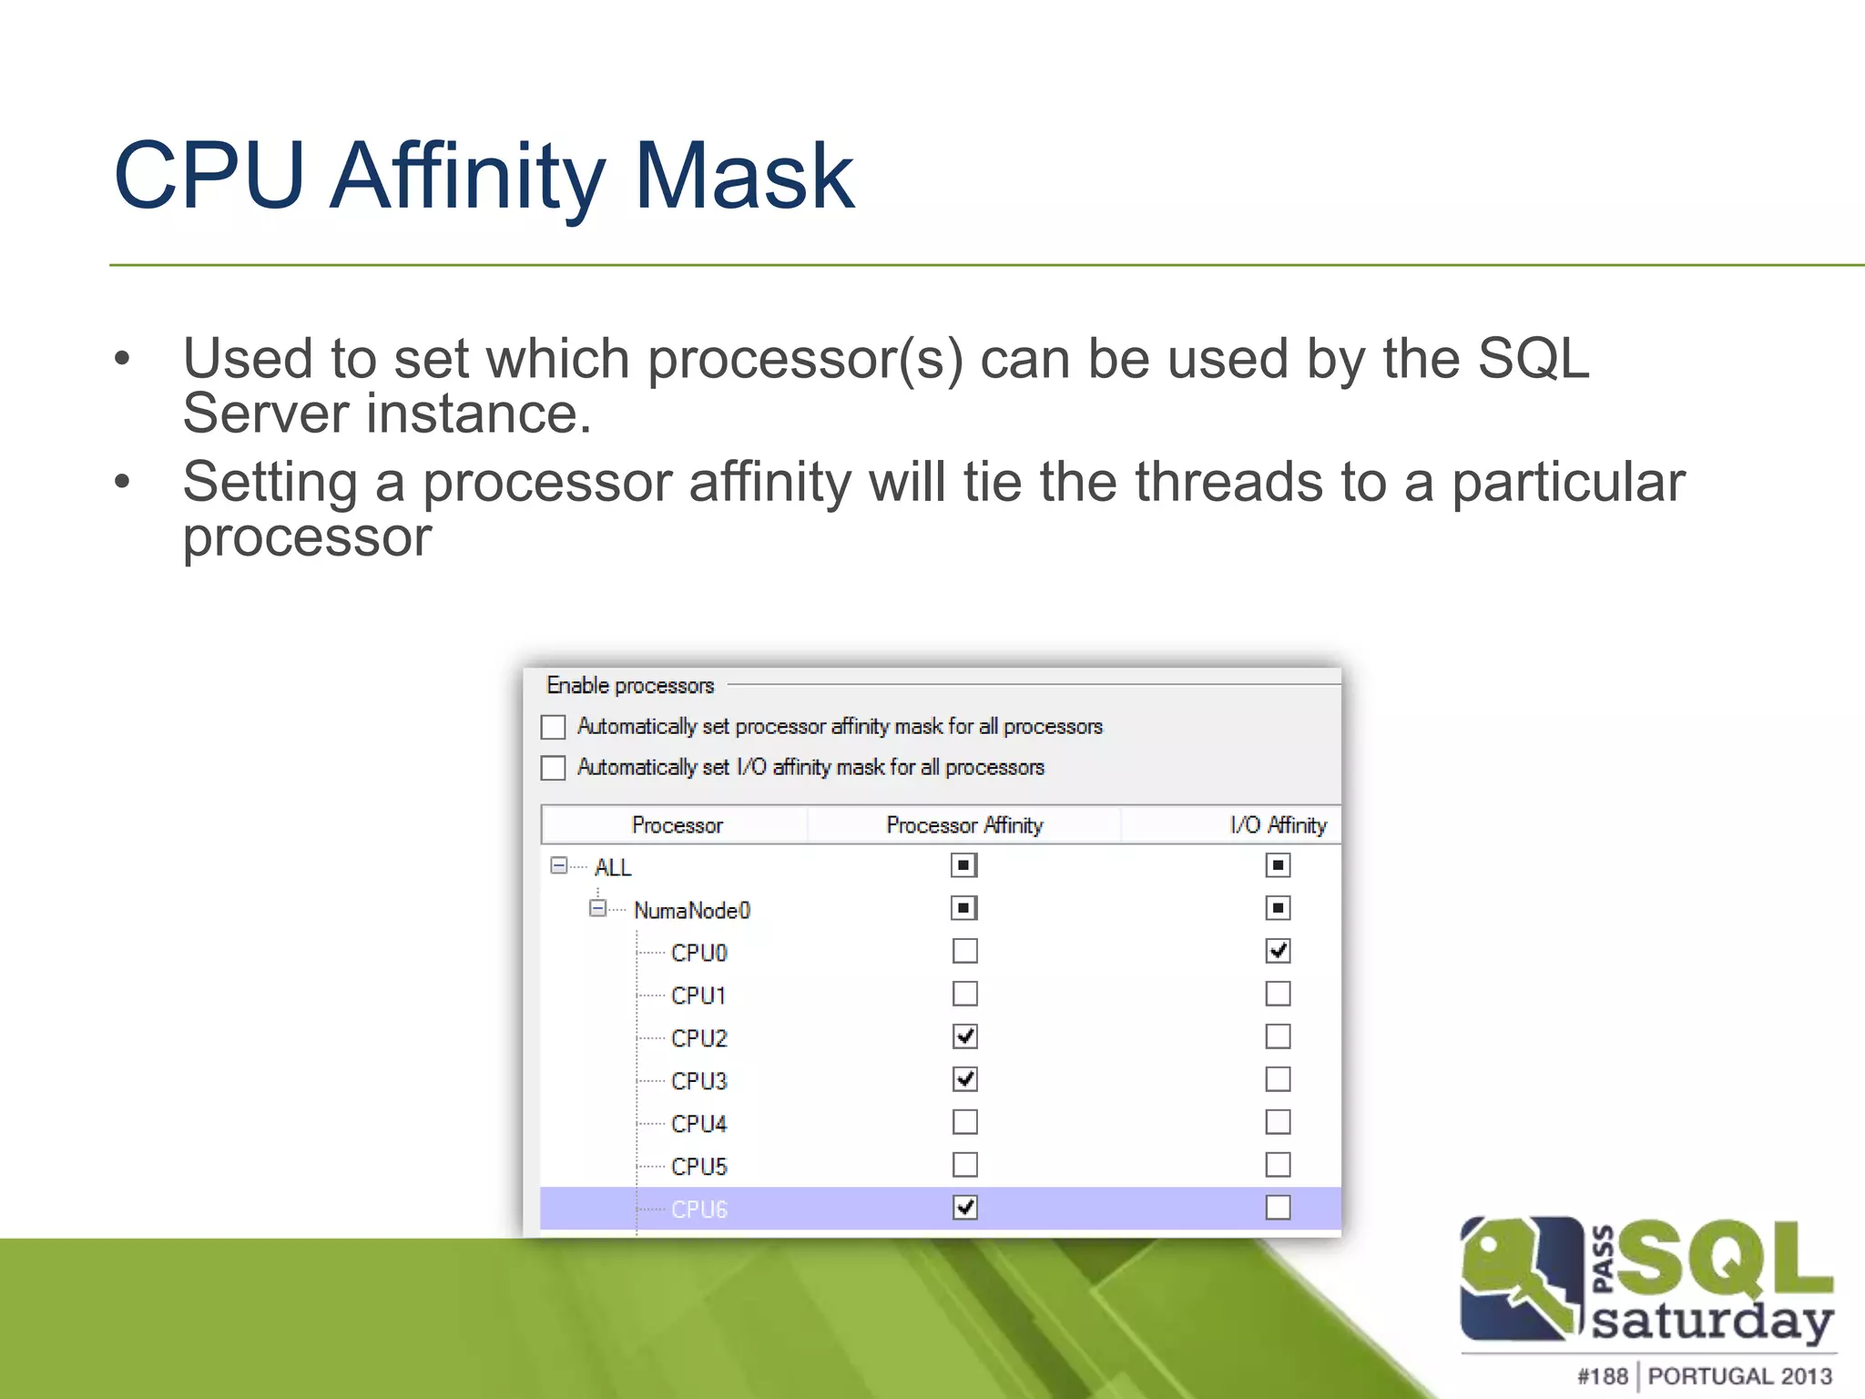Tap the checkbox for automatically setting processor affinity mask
pyautogui.click(x=554, y=727)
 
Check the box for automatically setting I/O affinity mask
pyautogui.click(x=554, y=768)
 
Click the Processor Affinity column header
pyautogui.click(x=964, y=825)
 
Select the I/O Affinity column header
pyautogui.click(x=1278, y=825)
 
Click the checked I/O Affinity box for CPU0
pyautogui.click(x=1278, y=951)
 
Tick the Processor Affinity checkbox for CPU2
pyautogui.click(x=965, y=1036)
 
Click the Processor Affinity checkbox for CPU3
pyautogui.click(x=965, y=1079)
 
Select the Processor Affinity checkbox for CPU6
pyautogui.click(x=965, y=1208)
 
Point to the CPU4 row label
pyautogui.click(x=698, y=1124)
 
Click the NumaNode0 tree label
pyautogui.click(x=692, y=910)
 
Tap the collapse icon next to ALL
pyautogui.click(x=559, y=865)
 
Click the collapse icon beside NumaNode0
pyautogui.click(x=597, y=908)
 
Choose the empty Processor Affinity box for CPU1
pyautogui.click(x=965, y=994)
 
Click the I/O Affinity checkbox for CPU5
pyautogui.click(x=1278, y=1165)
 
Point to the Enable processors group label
pyautogui.click(x=630, y=685)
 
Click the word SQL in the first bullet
pyautogui.click(x=1534, y=358)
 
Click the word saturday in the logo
pyautogui.click(x=1712, y=1321)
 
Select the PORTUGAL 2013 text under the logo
pyautogui.click(x=1739, y=1376)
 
